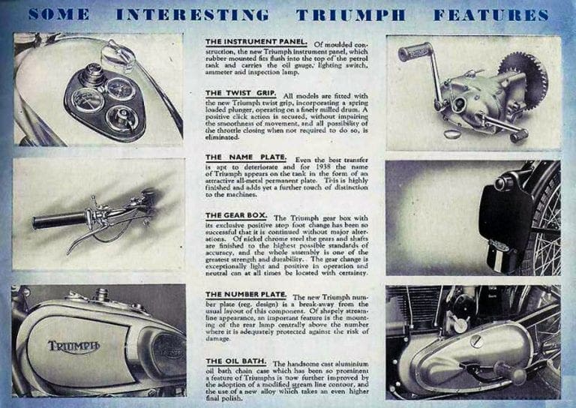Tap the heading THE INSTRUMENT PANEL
pos(255,40)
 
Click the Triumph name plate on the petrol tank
pos(73,346)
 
